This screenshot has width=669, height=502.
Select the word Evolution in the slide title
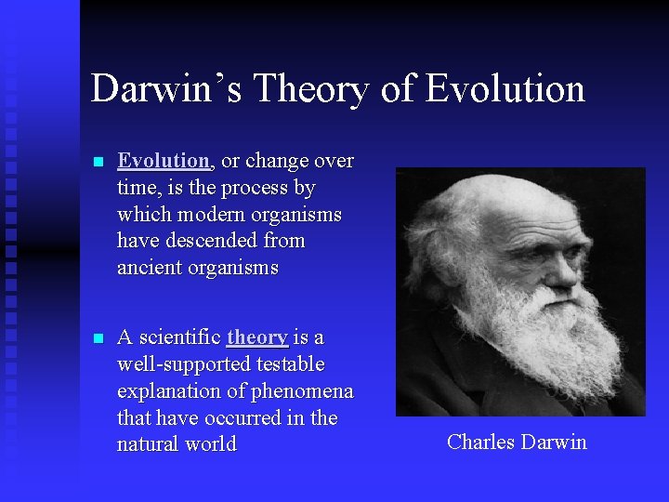click(x=505, y=89)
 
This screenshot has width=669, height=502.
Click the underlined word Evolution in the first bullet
click(x=164, y=161)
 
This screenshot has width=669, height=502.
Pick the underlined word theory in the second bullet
click(x=256, y=337)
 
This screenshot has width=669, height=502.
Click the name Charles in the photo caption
click(x=479, y=442)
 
